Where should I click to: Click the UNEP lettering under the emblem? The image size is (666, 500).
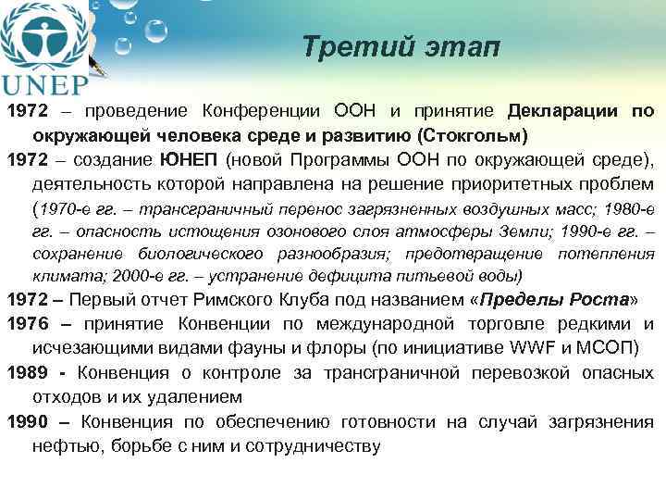[46, 84]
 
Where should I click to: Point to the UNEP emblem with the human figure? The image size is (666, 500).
[41, 35]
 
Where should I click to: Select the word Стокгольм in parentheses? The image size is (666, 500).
[475, 135]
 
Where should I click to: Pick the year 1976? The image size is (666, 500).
[28, 325]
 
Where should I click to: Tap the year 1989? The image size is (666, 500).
[28, 373]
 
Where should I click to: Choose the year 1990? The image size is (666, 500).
[28, 421]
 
